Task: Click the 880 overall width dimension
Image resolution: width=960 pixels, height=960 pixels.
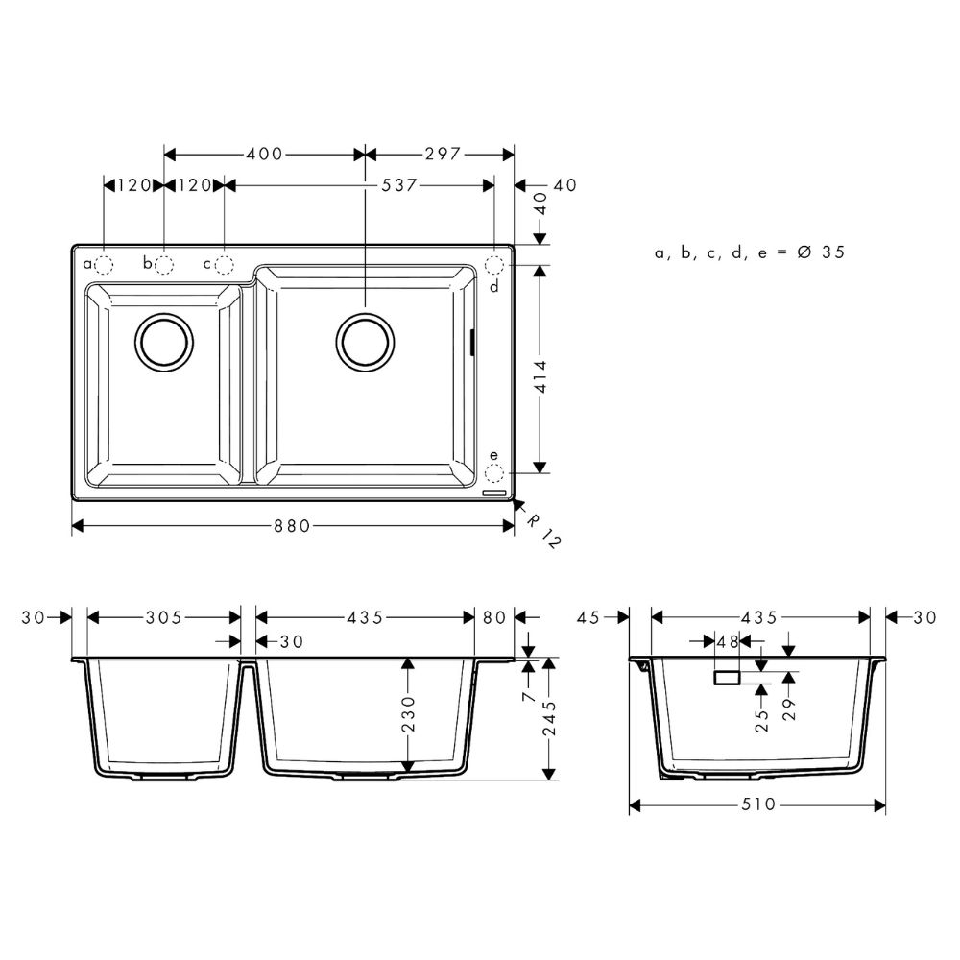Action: [294, 525]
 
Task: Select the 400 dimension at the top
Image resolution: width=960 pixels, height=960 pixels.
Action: [264, 154]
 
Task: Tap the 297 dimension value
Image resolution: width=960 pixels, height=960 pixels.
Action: [443, 154]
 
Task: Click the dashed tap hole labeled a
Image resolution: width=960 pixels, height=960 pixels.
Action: [105, 264]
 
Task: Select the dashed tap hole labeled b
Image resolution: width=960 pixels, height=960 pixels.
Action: [164, 264]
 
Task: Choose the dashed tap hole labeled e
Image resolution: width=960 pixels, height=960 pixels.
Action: [494, 472]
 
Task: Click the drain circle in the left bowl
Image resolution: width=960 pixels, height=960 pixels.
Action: [165, 341]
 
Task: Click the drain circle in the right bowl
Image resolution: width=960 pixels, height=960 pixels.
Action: [366, 341]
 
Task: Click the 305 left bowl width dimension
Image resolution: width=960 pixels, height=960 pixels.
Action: [164, 618]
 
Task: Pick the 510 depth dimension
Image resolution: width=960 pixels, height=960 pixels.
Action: [758, 804]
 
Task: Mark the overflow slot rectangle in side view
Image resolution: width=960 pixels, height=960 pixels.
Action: [727, 677]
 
